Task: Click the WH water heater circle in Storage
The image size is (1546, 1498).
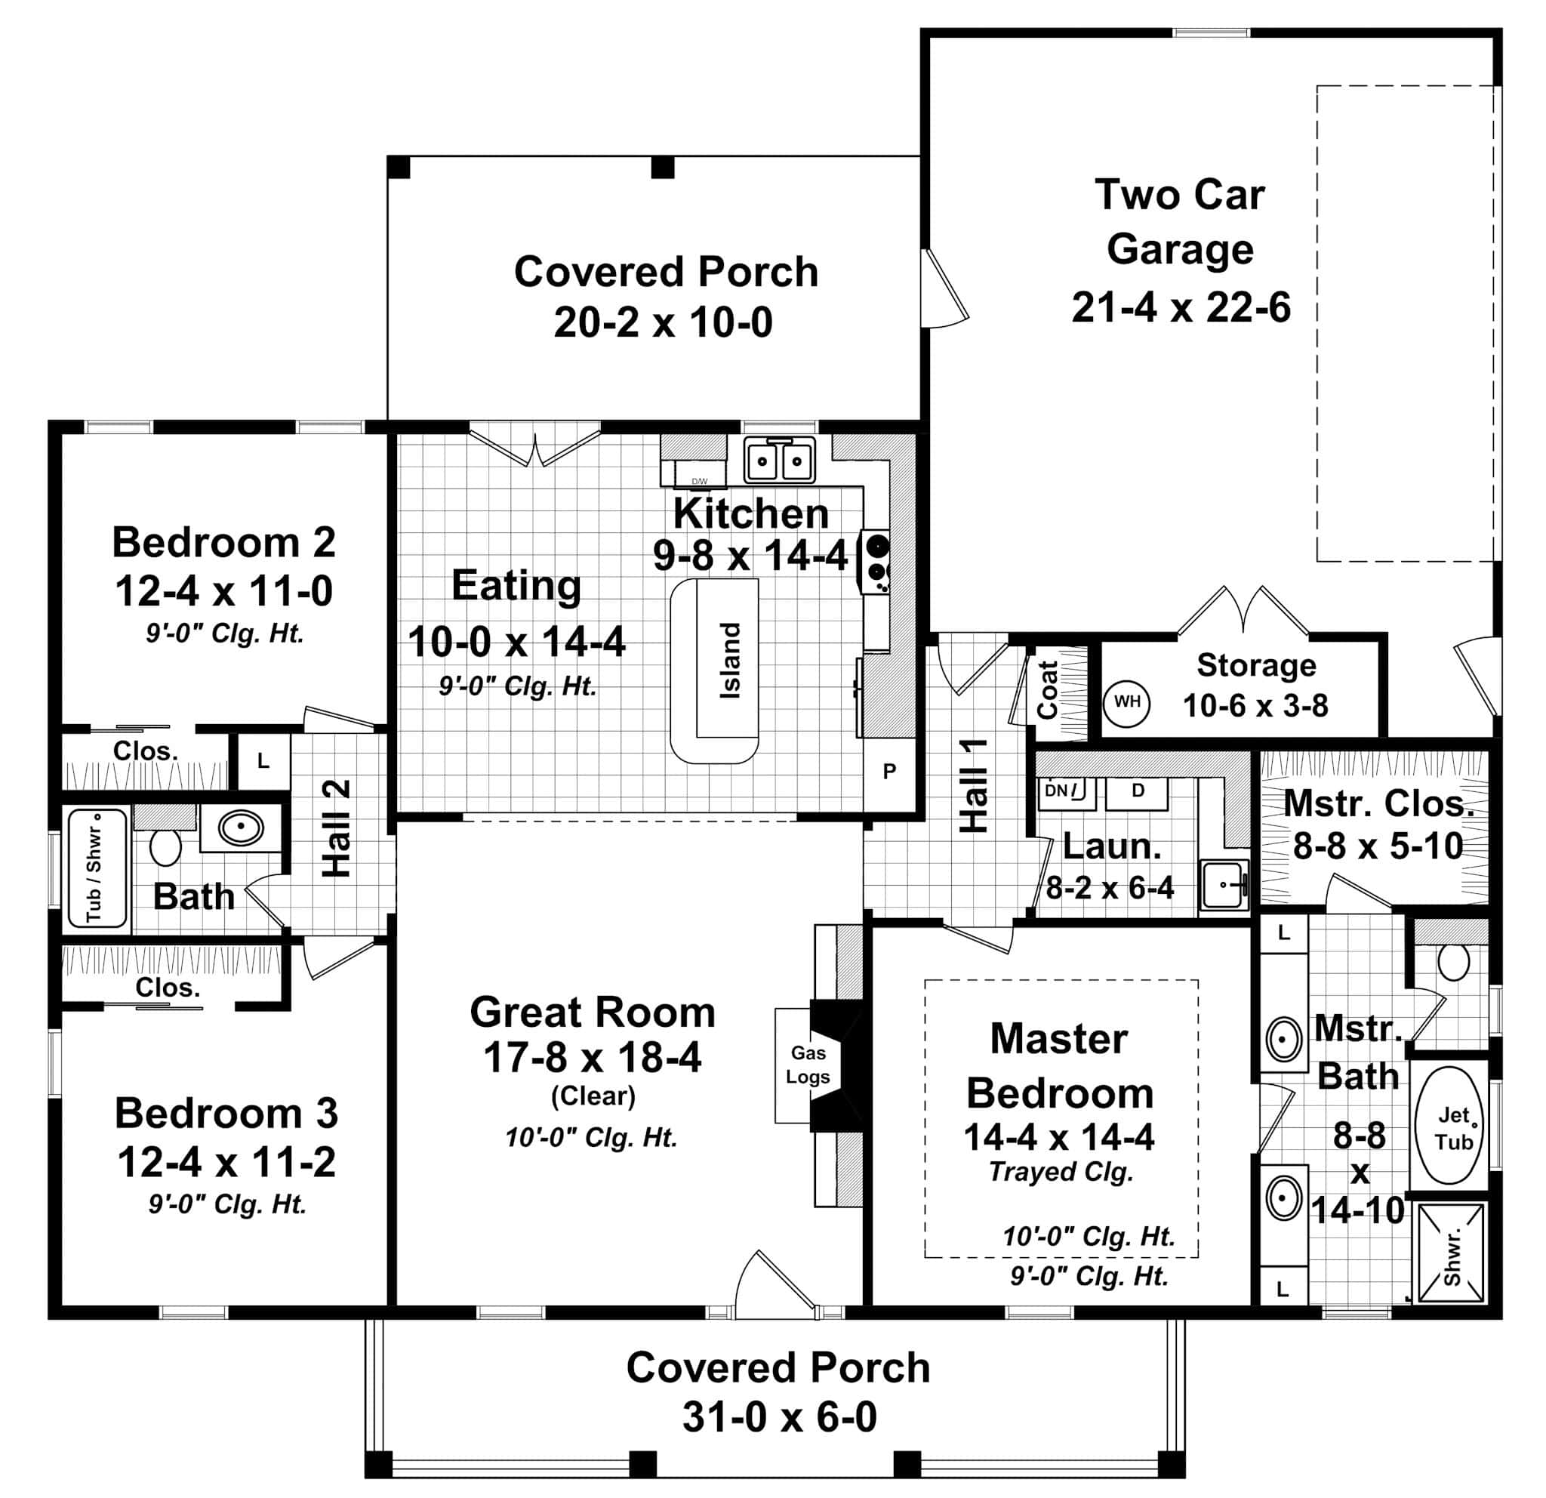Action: (1126, 701)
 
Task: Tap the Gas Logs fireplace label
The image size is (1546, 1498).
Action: (808, 1065)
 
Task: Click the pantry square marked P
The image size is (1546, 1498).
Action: (889, 772)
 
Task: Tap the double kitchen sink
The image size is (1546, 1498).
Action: (779, 461)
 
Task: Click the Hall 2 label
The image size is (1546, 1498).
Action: (337, 828)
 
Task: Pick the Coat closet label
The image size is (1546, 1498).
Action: (1047, 690)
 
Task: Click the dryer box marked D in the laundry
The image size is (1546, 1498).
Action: (1137, 791)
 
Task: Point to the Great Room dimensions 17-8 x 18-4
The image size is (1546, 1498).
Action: (592, 1059)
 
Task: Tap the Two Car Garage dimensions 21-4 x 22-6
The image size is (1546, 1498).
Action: (1180, 307)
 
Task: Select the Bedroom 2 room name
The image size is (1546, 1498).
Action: (224, 543)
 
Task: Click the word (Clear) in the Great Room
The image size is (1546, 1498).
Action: (593, 1096)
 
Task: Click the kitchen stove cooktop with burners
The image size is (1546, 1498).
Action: (876, 561)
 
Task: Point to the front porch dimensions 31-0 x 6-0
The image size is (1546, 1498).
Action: (778, 1417)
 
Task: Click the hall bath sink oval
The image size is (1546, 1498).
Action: (240, 828)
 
